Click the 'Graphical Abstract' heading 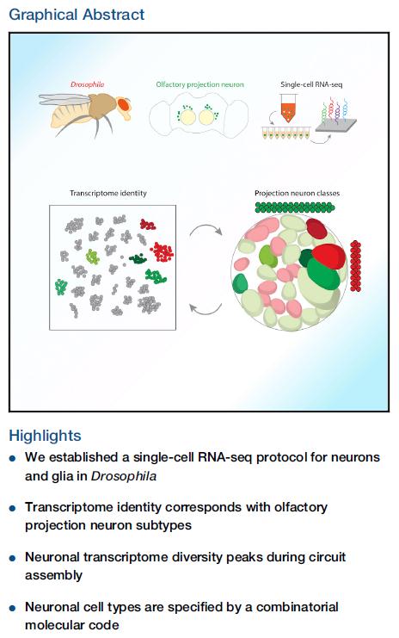point(77,15)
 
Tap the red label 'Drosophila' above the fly point(88,84)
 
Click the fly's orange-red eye point(123,104)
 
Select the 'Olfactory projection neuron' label point(199,84)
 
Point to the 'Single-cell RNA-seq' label point(311,84)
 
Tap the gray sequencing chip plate point(335,126)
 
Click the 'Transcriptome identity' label point(108,193)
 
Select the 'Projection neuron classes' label point(297,193)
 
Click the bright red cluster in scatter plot point(163,252)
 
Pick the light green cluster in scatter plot point(92,257)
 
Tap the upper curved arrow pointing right point(206,228)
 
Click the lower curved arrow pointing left point(206,310)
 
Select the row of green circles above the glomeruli point(295,208)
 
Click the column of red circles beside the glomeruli point(355,266)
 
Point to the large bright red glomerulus point(328,256)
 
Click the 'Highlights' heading point(45,436)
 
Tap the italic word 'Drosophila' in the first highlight point(124,476)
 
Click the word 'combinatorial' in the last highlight point(297,607)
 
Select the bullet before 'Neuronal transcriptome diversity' point(13,558)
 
